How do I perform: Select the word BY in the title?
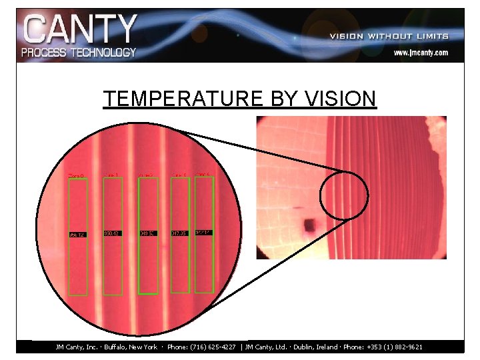pos(283,99)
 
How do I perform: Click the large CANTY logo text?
pos(79,29)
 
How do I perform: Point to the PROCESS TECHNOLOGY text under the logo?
pos(79,52)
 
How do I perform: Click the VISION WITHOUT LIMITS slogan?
pos(389,36)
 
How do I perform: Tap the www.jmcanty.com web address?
pos(420,52)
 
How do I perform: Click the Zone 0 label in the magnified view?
pos(77,176)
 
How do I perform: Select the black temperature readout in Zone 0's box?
pos(77,235)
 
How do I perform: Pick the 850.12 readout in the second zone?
pos(112,233)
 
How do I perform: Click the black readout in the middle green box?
pos(147,233)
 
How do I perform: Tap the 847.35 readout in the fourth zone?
pos(180,233)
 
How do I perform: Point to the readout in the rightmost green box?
pos(203,232)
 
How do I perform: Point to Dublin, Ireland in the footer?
pos(312,347)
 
